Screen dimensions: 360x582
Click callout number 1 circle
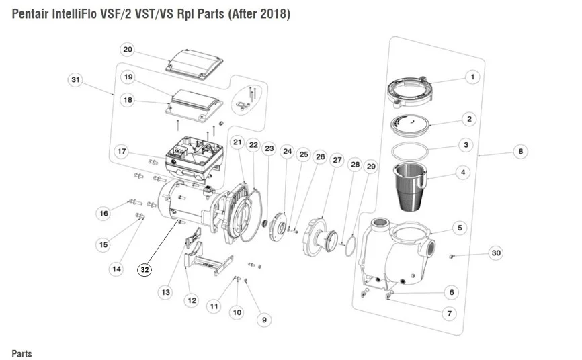472,78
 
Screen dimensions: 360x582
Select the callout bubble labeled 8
520,152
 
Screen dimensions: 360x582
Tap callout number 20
128,50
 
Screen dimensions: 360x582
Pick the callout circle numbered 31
76,80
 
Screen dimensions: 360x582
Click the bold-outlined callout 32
144,269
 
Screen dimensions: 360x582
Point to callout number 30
495,253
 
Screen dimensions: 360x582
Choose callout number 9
265,321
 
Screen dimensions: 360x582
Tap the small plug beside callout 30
452,256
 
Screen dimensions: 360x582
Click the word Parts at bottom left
22,353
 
